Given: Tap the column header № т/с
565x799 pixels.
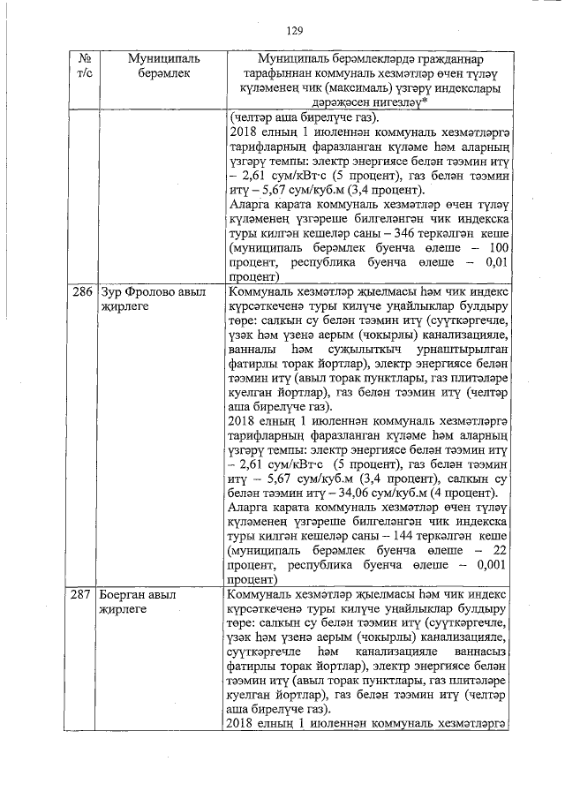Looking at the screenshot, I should point(79,67).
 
